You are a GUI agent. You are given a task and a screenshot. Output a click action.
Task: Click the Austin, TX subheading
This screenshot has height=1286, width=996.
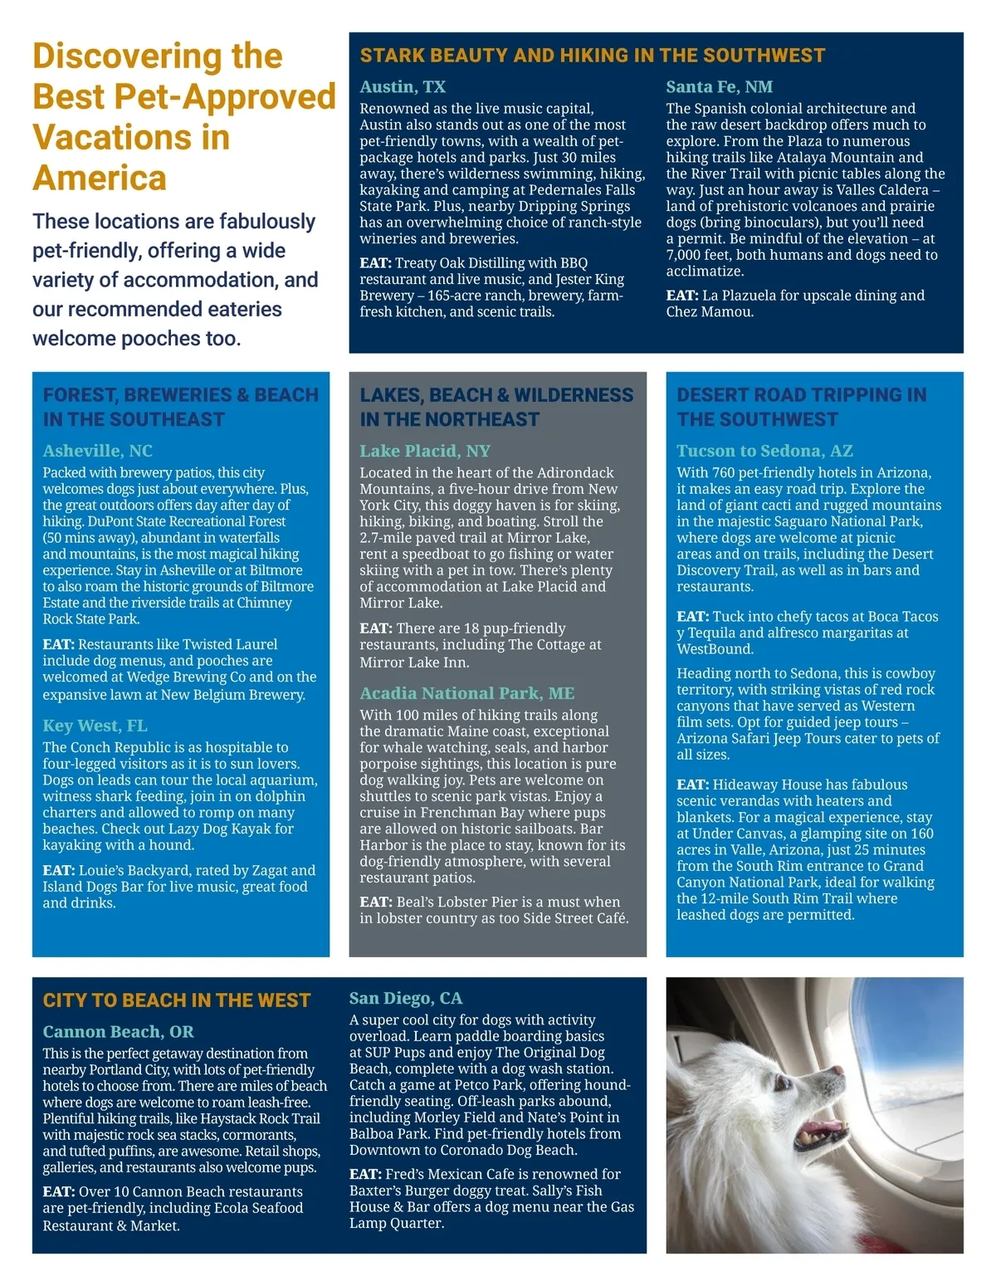tap(403, 87)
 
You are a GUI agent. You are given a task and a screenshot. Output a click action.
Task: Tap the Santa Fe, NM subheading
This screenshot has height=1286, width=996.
tap(719, 87)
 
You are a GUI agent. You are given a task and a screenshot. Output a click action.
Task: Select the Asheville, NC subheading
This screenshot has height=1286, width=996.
tap(98, 451)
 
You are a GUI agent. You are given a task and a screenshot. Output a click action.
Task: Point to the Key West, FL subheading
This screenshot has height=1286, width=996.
tap(95, 726)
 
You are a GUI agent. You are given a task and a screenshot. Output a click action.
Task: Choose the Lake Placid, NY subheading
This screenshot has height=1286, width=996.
tap(425, 451)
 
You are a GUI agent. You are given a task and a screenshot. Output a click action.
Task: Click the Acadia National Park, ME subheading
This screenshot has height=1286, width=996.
tap(466, 693)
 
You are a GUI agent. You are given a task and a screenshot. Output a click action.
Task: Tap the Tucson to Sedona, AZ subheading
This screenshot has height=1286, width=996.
tap(764, 451)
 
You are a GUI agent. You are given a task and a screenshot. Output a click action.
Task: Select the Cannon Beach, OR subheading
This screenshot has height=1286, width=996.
tap(118, 1032)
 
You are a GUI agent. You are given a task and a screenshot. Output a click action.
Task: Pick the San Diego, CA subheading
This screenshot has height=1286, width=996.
tap(406, 998)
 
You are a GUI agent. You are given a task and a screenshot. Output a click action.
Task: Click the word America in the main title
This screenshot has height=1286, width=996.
tap(100, 178)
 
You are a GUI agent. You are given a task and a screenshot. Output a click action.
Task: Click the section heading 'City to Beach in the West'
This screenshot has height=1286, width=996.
tap(177, 1000)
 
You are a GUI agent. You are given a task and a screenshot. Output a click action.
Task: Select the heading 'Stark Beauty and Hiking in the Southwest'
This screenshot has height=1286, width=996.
tap(593, 56)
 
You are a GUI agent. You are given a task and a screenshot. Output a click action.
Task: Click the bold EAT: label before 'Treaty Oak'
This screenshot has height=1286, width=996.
tap(375, 263)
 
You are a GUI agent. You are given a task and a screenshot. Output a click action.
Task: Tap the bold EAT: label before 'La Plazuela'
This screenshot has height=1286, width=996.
tap(682, 296)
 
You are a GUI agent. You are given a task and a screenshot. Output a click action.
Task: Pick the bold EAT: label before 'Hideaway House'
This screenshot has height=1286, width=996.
tap(692, 785)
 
